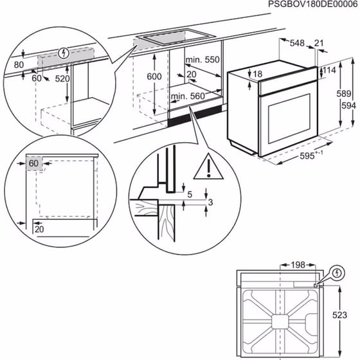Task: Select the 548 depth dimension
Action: [x=296, y=44]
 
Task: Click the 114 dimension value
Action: [x=330, y=70]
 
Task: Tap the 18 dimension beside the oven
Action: [x=257, y=75]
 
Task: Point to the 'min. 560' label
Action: [x=188, y=96]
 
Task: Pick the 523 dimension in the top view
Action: [x=348, y=317]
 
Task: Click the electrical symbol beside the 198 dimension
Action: [x=336, y=273]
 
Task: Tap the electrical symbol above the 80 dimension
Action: [x=62, y=53]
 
